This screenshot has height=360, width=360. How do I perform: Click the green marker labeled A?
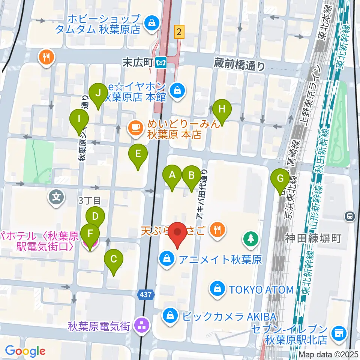[172, 175]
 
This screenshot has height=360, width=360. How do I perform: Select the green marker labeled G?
[280, 179]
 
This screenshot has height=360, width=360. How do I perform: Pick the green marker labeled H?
[222, 110]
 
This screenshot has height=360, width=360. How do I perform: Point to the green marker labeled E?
[138, 154]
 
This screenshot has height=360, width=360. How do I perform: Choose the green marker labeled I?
[79, 120]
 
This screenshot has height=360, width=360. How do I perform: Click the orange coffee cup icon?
[135, 128]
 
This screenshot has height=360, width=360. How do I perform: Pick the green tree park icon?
[250, 238]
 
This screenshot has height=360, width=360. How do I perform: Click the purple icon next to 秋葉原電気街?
[142, 325]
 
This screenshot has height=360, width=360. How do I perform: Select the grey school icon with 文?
[56, 196]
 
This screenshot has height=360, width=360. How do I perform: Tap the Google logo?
[25, 351]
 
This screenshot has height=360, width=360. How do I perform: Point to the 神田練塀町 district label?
[313, 238]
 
